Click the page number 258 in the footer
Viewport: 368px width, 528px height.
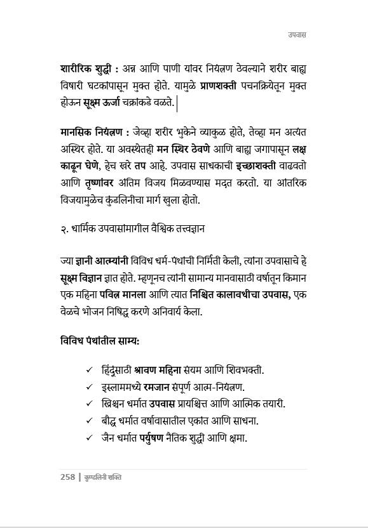click(68, 477)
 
